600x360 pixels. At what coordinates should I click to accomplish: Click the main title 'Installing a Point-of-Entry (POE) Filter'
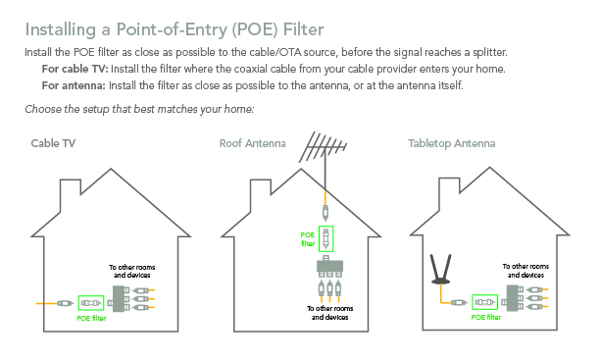[175, 29]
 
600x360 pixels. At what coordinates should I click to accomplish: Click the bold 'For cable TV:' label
[75, 69]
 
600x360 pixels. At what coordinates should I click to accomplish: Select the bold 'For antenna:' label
[74, 85]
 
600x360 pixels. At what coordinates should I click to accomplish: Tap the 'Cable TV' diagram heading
[53, 143]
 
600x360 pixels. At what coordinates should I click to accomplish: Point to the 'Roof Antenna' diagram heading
[253, 143]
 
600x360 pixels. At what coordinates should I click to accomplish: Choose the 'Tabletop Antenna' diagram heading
[452, 143]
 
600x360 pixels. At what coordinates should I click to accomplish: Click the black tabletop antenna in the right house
[441, 269]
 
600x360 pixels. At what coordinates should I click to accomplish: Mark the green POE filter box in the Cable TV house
[91, 303]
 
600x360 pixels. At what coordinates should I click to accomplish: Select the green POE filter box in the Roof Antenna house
[326, 238]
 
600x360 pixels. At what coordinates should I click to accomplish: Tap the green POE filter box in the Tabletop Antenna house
[485, 302]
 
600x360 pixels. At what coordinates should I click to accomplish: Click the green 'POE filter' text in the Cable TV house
[91, 318]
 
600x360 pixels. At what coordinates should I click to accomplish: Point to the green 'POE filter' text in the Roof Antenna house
[308, 239]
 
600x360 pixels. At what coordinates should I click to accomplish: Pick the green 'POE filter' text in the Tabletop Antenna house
[486, 317]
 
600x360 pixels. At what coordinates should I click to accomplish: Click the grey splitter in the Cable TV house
[119, 299]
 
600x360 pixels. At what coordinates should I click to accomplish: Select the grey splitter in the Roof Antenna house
[329, 267]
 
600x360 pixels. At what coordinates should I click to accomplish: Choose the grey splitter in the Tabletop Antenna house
[513, 298]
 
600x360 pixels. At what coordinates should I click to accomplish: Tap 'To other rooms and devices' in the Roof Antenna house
[329, 313]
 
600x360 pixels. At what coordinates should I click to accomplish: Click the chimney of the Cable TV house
[71, 195]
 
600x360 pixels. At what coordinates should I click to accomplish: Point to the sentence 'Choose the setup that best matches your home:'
[139, 109]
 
